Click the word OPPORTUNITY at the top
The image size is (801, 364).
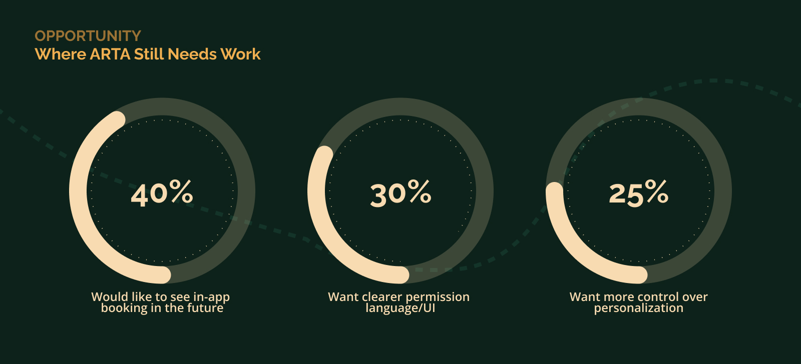click(88, 36)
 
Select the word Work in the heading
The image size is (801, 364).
click(240, 54)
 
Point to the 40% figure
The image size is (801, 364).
click(162, 193)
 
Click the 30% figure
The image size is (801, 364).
click(400, 193)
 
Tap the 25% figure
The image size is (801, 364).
click(639, 193)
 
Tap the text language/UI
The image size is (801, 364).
click(400, 308)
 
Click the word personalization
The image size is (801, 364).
click(639, 308)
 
